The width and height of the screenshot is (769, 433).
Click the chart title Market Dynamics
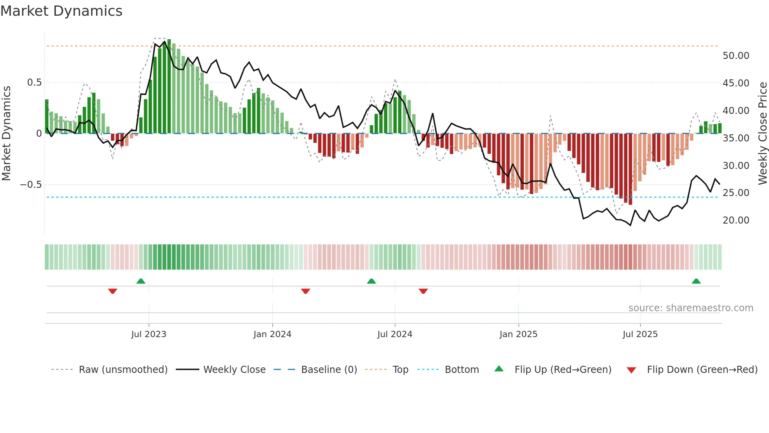(x=62, y=11)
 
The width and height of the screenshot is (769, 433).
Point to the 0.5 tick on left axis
(x=34, y=83)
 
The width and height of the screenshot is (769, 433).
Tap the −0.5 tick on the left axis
(x=31, y=185)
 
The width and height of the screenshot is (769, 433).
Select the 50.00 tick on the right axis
(x=736, y=56)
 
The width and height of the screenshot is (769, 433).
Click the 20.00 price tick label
(x=736, y=220)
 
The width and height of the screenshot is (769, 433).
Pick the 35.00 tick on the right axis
(x=736, y=138)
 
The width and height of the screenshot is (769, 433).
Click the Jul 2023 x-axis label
(x=149, y=334)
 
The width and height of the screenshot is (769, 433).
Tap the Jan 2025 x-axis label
(x=518, y=334)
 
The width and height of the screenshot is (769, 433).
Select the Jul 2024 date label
(x=395, y=334)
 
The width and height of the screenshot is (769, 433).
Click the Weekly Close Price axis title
(x=762, y=133)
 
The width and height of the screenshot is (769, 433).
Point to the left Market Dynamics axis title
(x=6, y=133)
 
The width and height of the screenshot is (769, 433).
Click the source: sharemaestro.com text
(x=691, y=308)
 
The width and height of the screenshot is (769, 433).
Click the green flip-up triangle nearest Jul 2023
(x=141, y=281)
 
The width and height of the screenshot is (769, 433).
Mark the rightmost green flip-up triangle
(x=696, y=281)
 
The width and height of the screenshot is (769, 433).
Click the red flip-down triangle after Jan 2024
(x=306, y=291)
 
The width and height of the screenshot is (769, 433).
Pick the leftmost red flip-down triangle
(x=113, y=291)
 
